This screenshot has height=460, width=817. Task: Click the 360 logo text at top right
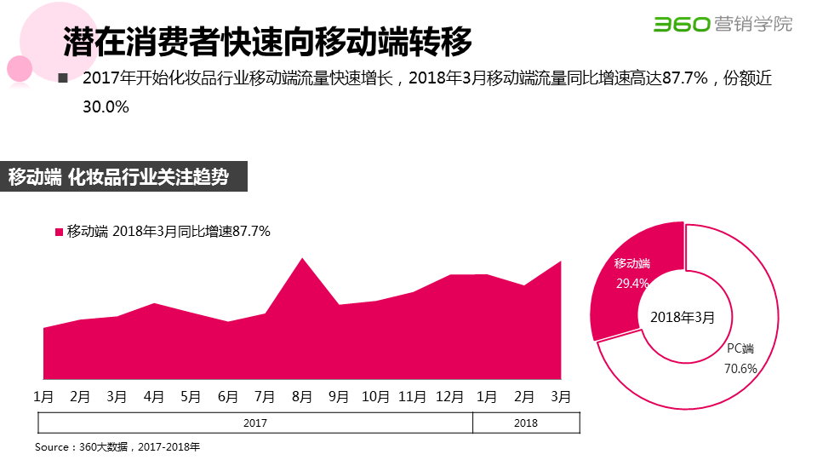(x=681, y=24)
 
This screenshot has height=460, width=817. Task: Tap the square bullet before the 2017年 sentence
(x=62, y=78)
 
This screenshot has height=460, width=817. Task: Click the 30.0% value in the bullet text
(x=106, y=107)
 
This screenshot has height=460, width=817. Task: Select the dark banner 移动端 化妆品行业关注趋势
(x=123, y=178)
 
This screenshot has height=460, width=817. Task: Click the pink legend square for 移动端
(x=59, y=232)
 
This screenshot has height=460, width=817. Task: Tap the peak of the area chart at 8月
(x=302, y=258)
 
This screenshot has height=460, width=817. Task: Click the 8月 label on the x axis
(x=302, y=397)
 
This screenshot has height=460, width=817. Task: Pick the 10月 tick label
(x=375, y=397)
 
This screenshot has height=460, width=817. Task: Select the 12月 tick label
(x=449, y=397)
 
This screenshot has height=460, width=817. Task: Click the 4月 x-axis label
(x=154, y=397)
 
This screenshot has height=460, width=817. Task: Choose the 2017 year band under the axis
(x=255, y=423)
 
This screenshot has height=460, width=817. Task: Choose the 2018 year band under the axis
(x=526, y=423)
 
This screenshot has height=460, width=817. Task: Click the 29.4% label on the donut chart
(x=632, y=283)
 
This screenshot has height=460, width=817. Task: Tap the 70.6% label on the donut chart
(x=740, y=369)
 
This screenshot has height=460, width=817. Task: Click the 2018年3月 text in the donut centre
(x=683, y=317)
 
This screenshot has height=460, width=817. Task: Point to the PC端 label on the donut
(x=740, y=348)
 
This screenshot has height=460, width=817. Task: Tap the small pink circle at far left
(x=19, y=68)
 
